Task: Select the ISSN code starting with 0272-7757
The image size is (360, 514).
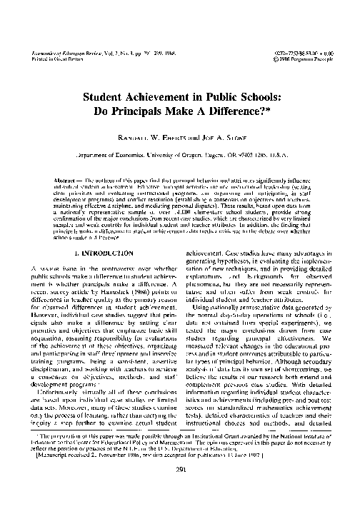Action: [x=286, y=54]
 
